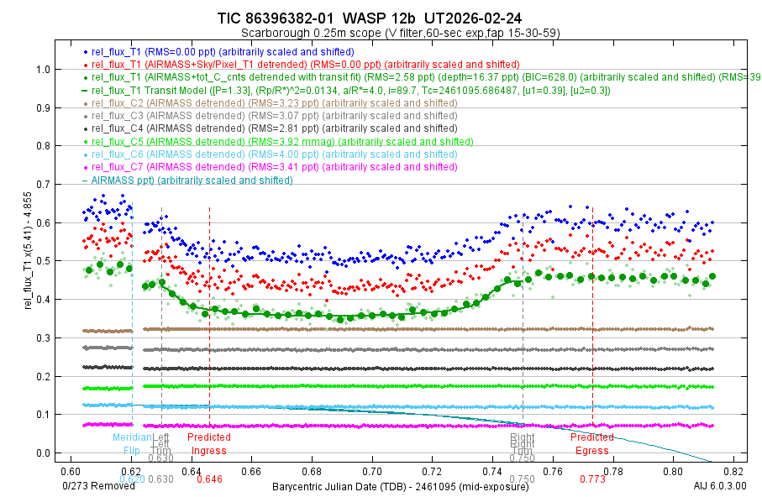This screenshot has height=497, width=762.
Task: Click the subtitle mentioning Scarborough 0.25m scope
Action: [x=400, y=33]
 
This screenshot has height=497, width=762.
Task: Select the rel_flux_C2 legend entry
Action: [x=273, y=103]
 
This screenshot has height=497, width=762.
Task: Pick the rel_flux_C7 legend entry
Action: [x=273, y=167]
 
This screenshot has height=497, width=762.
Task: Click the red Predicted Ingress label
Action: [x=208, y=443]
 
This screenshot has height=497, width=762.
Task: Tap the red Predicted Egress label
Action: [x=591, y=443]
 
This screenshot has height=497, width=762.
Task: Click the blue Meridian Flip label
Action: [x=132, y=443]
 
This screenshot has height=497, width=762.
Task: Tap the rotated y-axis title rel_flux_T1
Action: [x=30, y=261]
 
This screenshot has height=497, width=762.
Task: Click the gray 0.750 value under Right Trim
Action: [x=522, y=458]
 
